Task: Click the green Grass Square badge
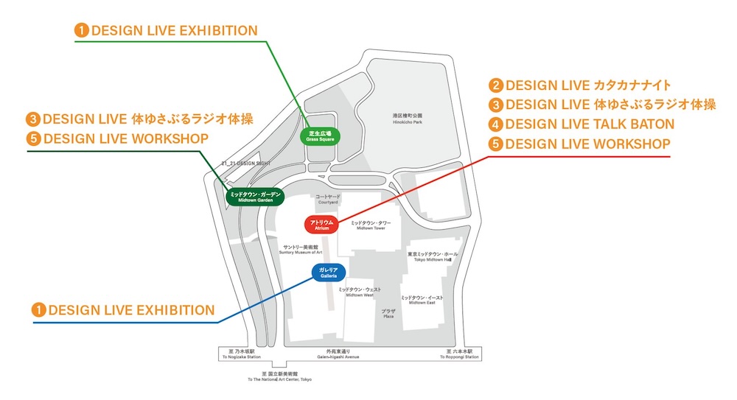(x=321, y=135)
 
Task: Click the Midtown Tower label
(x=370, y=225)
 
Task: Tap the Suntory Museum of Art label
(x=301, y=250)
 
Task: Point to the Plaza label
(x=388, y=314)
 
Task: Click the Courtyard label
(x=329, y=199)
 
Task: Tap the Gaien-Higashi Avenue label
(x=338, y=354)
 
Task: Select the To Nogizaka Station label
(x=241, y=354)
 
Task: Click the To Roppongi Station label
(x=462, y=354)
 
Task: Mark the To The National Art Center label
(x=279, y=377)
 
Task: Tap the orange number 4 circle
(x=497, y=124)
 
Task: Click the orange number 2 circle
(x=497, y=86)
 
